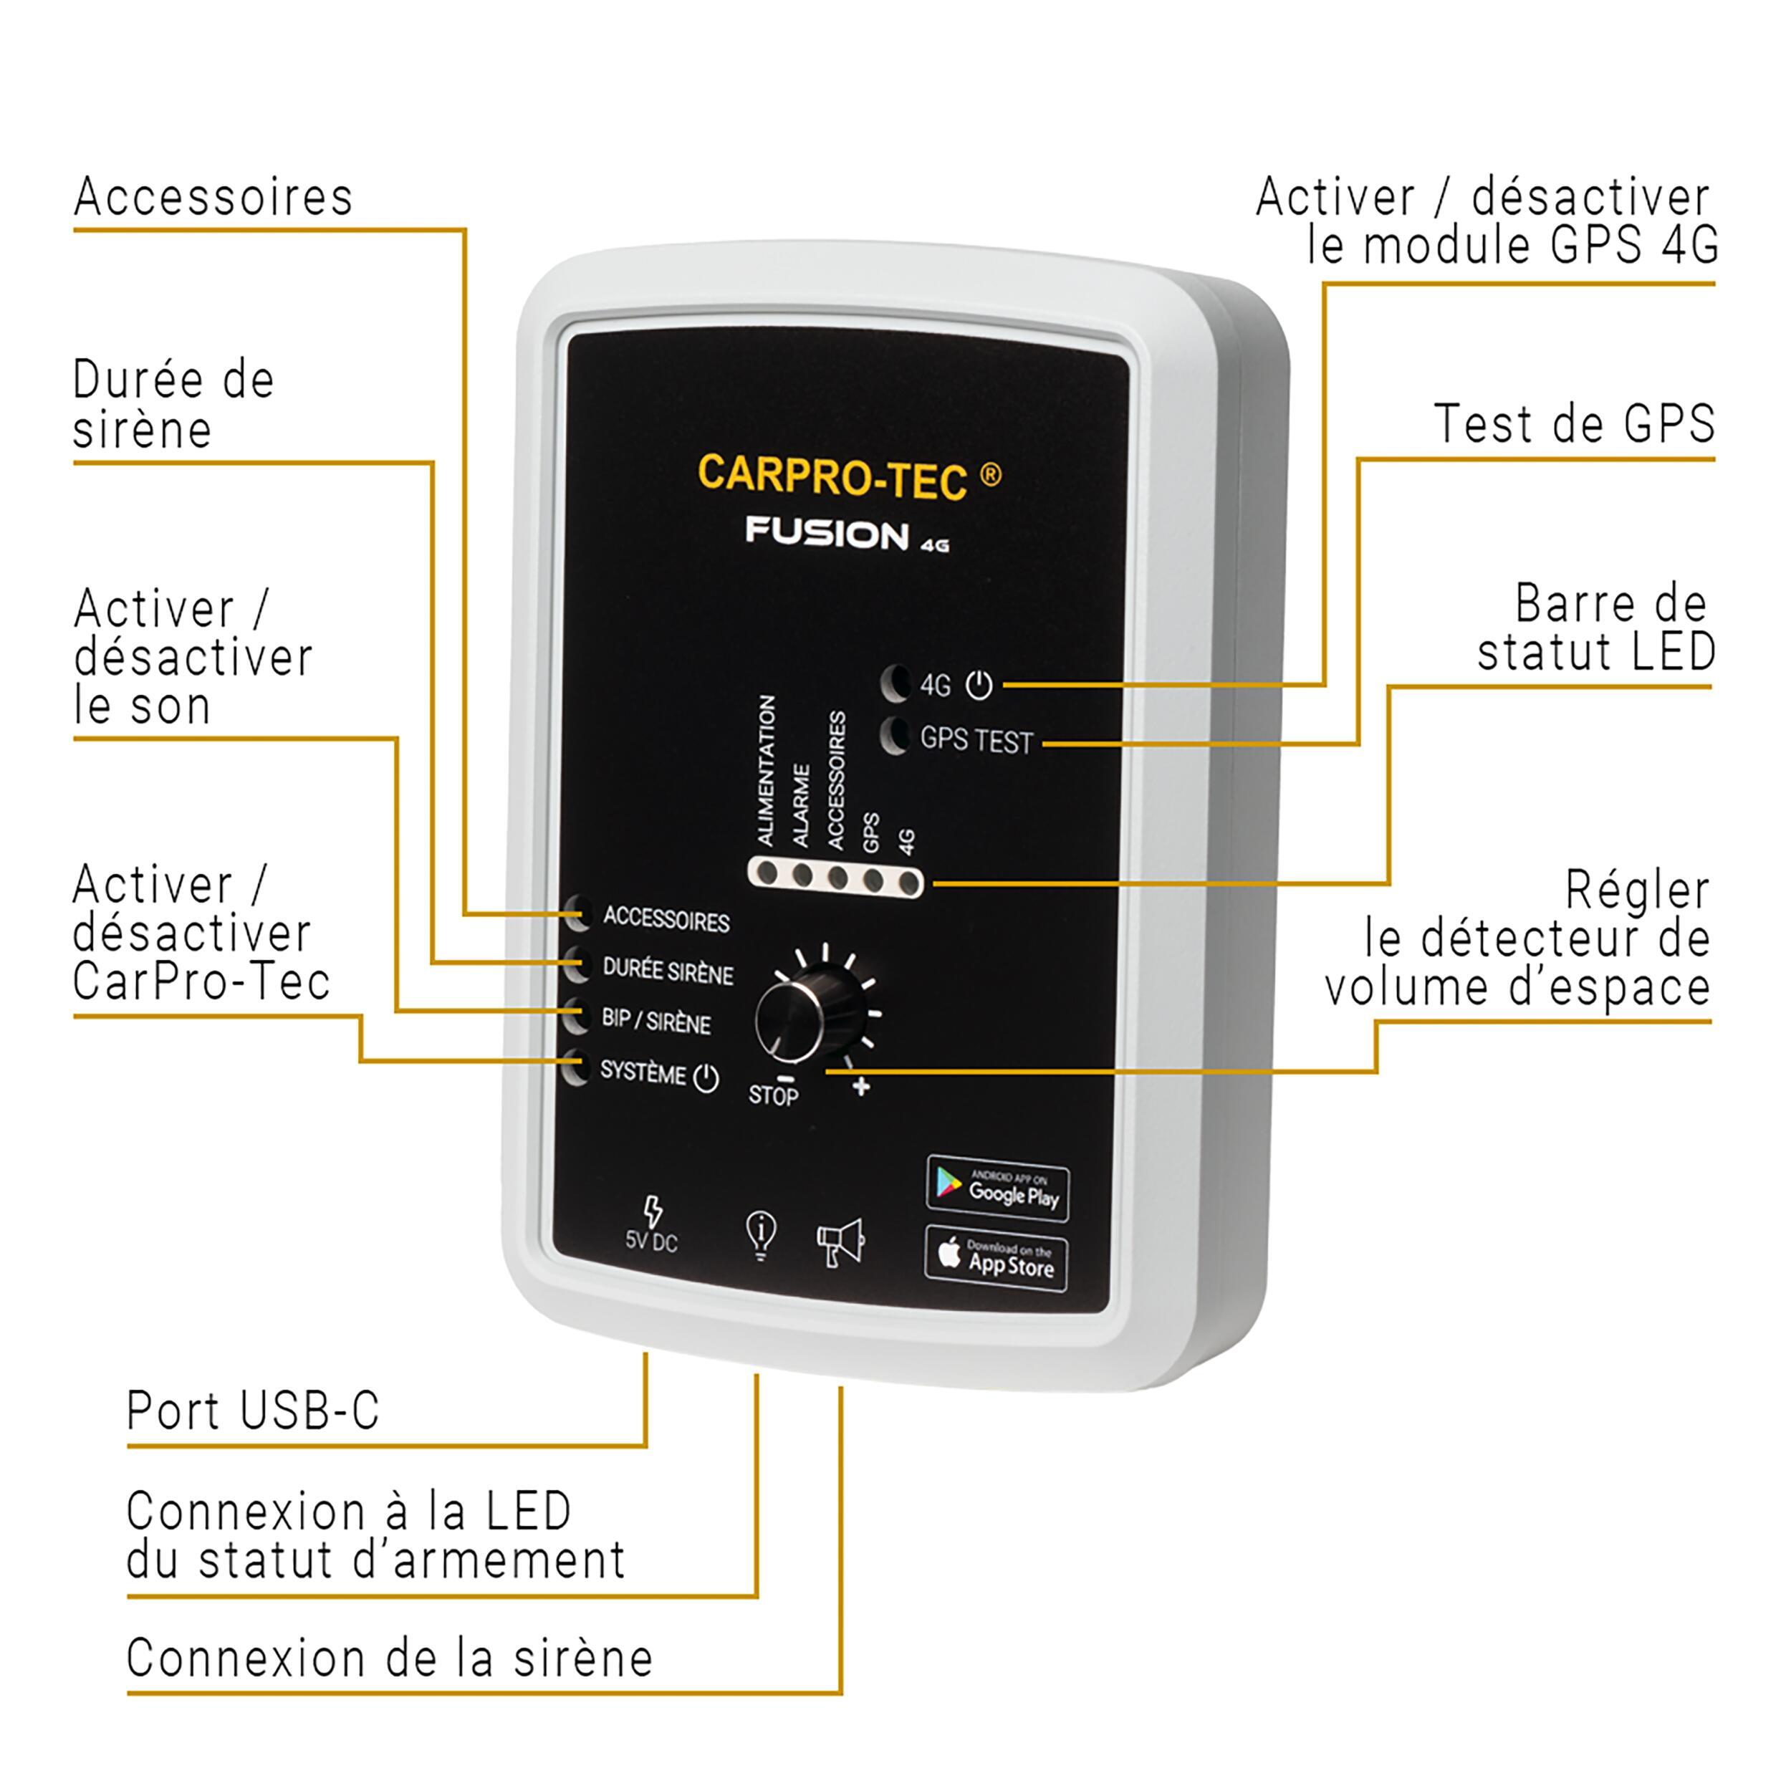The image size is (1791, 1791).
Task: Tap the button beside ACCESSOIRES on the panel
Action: [577, 914]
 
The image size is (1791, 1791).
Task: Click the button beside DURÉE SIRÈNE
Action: [577, 965]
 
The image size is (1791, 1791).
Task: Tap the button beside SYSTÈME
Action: [576, 1068]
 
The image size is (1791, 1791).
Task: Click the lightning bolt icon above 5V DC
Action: [653, 1211]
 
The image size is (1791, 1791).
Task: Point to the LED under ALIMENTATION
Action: [767, 873]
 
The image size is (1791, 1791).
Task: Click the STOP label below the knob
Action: [773, 1096]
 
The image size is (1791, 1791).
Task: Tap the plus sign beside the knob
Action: [861, 1087]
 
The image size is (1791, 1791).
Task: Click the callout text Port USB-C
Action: [253, 1411]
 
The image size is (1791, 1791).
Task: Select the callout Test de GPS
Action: [1573, 425]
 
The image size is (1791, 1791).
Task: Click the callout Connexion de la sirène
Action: [389, 1658]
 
